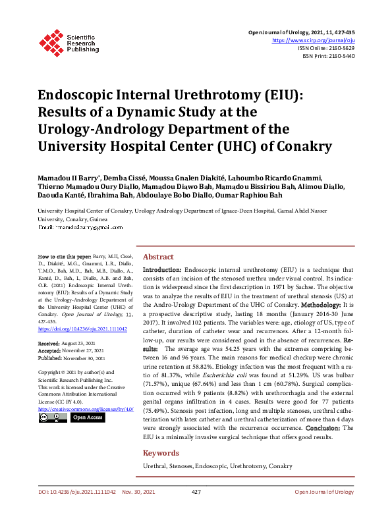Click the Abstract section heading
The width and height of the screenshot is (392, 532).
click(x=158, y=257)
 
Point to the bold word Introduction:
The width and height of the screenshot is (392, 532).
click(x=163, y=270)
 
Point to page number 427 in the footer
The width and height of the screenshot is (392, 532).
click(x=196, y=510)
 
